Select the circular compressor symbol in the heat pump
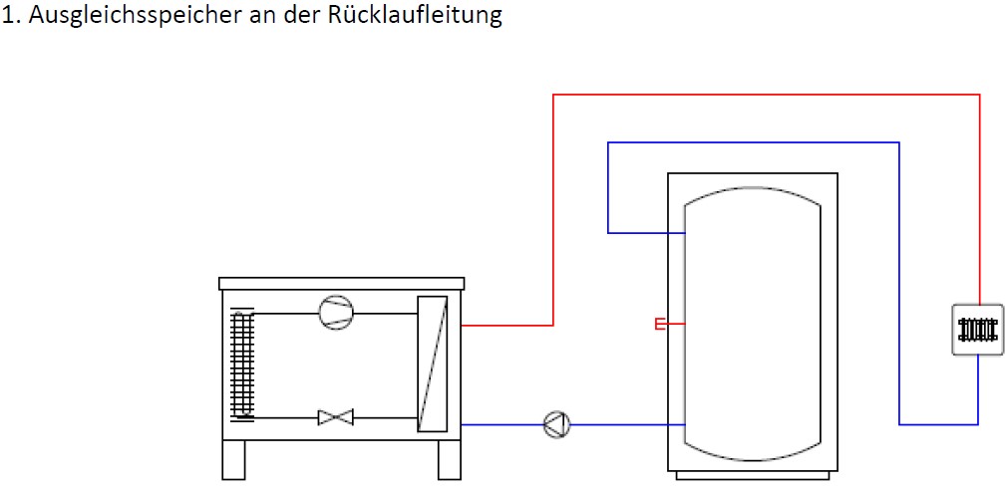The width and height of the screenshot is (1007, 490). coord(336,313)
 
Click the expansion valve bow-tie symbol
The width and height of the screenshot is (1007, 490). coord(336,417)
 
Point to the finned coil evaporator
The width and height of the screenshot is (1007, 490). coord(242,364)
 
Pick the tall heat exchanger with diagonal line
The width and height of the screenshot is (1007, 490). coord(433,364)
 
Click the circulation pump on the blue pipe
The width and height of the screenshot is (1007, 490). coord(556,424)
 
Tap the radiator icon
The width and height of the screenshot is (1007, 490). coord(977,330)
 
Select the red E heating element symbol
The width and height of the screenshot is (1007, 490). coord(660,324)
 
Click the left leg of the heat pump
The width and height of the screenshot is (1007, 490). coord(233,460)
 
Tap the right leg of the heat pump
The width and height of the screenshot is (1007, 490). coord(450,460)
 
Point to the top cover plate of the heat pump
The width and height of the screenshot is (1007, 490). coord(342,284)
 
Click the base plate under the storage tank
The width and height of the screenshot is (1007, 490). coord(753,475)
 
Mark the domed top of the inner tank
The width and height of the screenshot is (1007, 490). coord(753,188)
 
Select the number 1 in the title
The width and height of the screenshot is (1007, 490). coord(7,15)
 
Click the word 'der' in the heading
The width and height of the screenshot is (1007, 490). coord(303,14)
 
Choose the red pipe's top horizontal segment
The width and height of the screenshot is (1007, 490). coord(767,95)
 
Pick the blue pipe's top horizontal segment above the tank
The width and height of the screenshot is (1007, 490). coord(754,142)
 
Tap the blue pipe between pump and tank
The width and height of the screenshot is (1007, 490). coord(627,424)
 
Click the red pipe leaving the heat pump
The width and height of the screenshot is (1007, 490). coord(507,325)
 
